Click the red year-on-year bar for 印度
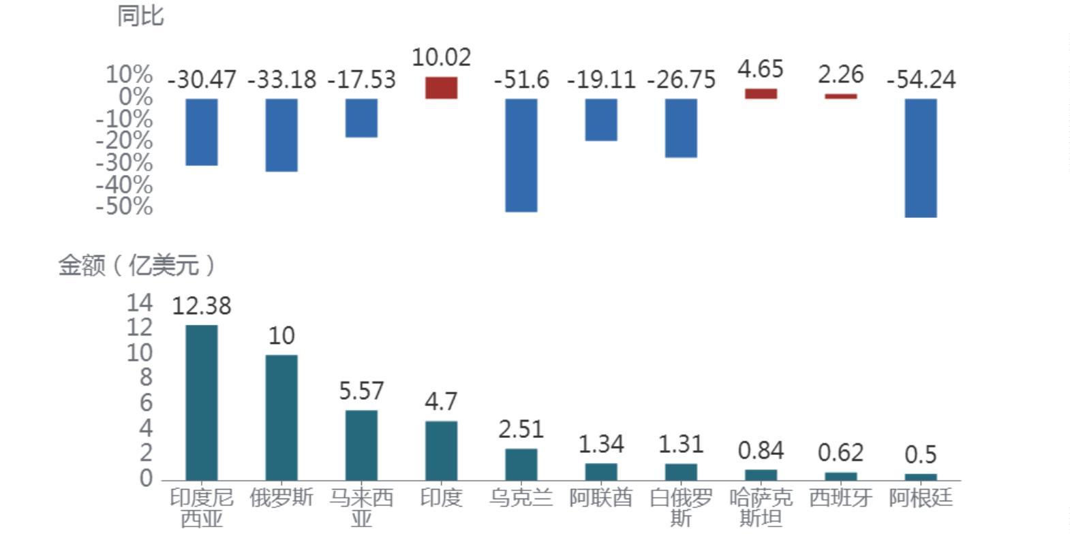441,88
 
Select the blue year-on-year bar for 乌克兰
521,155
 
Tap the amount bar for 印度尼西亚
202,403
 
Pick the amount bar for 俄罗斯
281,417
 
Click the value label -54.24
921,80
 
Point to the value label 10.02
441,57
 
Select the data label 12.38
202,306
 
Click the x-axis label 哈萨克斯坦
761,508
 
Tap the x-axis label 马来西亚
361,508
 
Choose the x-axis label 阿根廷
921,498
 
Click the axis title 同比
140,16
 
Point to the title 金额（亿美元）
136,265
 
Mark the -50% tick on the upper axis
124,206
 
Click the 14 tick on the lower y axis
139,303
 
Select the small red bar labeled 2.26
840,96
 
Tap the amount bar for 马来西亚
361,445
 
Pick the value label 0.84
761,450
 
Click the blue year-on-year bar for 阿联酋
601,120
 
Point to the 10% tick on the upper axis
129,74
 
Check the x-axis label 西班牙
840,498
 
